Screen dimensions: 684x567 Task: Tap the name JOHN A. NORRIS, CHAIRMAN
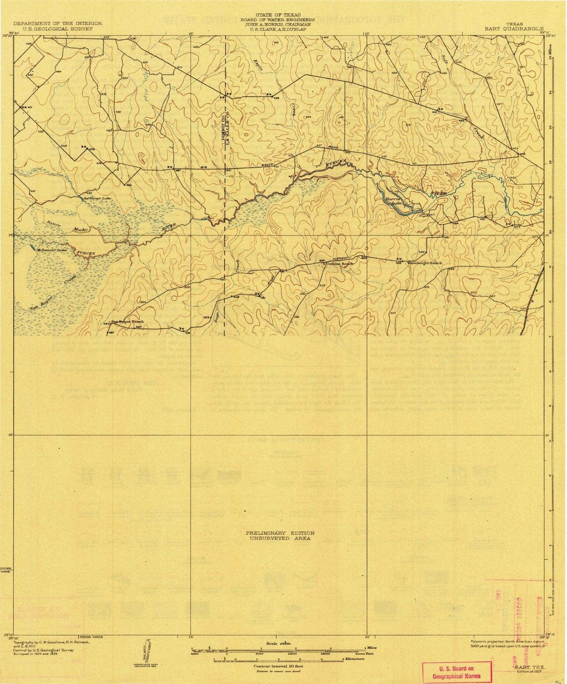282,24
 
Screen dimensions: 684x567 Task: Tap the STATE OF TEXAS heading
282,15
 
